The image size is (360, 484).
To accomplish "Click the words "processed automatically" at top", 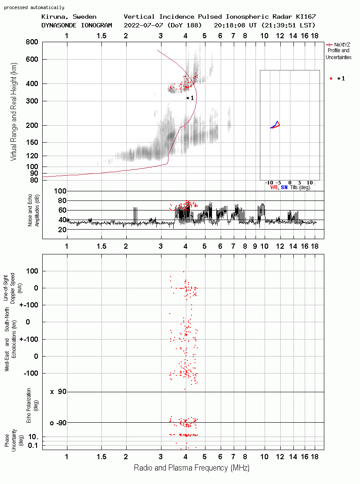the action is (x=34, y=7).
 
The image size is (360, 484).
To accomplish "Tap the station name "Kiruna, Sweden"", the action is (x=69, y=17).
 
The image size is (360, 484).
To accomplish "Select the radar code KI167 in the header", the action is (x=306, y=17).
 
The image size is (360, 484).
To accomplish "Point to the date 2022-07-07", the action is (x=144, y=25).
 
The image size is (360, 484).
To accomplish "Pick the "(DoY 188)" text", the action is (x=185, y=25).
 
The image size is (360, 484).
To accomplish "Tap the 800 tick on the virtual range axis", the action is (x=32, y=42).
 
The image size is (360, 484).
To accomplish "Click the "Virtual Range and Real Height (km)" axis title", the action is (x=13, y=112).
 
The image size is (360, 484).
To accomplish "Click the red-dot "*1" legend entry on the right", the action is (x=337, y=78).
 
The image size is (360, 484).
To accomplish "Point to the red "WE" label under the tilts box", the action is (x=274, y=187).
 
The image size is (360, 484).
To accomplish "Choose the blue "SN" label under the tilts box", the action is (x=284, y=187).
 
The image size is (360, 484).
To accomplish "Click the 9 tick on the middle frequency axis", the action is (x=255, y=246).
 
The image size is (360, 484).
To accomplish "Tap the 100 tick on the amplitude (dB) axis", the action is (x=60, y=191).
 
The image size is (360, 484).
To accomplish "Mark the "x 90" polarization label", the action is (x=58, y=392).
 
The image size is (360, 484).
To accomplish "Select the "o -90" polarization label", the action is (x=58, y=423).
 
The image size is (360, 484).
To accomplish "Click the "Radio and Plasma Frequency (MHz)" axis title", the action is (x=192, y=468).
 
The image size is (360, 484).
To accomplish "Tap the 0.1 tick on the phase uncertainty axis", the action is (x=33, y=445).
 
